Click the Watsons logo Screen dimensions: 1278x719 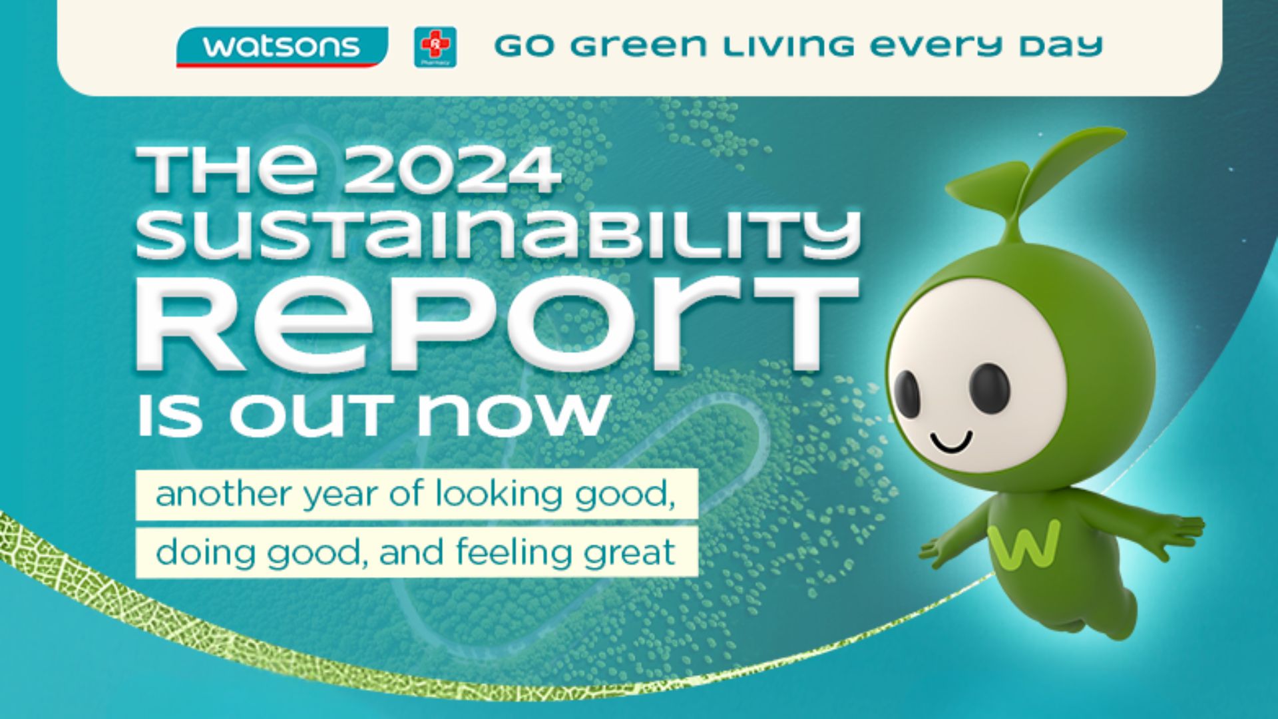[x=282, y=47]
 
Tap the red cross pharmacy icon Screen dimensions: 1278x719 [x=435, y=47]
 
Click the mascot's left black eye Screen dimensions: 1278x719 [x=906, y=393]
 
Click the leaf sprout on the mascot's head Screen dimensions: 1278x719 [x=1038, y=173]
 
